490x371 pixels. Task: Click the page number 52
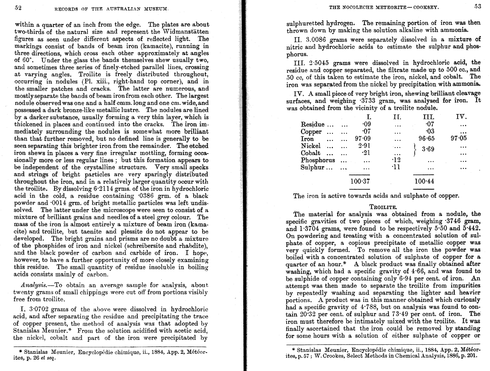[x=18, y=8]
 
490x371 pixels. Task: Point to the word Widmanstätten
[x=184, y=32]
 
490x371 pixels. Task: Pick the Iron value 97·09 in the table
[x=363, y=139]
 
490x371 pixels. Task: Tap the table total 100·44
[x=424, y=182]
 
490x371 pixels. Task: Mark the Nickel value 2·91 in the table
[x=364, y=146]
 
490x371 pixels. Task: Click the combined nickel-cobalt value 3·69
[x=428, y=149]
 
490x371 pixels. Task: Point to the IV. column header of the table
[x=461, y=116]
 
